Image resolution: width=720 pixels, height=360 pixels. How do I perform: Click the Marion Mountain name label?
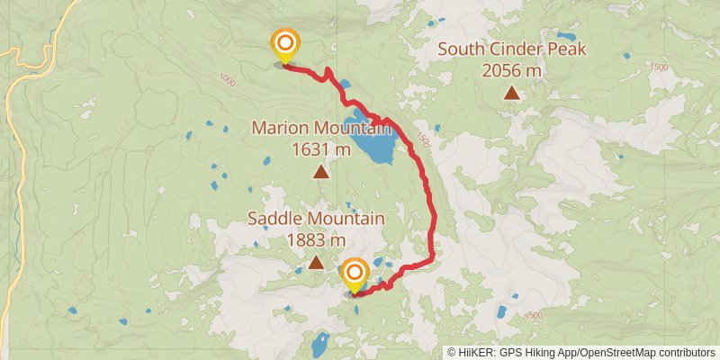[321, 128]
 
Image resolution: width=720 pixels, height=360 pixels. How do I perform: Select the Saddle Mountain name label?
[316, 219]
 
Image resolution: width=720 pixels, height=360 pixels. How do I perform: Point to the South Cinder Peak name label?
[511, 49]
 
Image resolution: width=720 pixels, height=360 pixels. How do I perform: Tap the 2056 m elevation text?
[511, 69]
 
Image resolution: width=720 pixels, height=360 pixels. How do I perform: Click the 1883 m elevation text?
[316, 239]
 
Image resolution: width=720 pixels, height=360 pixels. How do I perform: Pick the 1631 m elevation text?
[321, 148]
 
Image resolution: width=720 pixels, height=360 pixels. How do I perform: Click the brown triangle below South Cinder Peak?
[511, 92]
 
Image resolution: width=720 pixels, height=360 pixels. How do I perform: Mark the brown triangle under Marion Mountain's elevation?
[320, 171]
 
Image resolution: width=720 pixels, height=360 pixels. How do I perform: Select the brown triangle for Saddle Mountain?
[316, 262]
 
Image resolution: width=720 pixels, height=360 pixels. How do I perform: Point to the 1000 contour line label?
[225, 80]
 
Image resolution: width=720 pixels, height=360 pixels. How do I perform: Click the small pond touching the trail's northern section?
[346, 85]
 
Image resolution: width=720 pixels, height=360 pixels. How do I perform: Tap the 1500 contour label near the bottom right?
[535, 315]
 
